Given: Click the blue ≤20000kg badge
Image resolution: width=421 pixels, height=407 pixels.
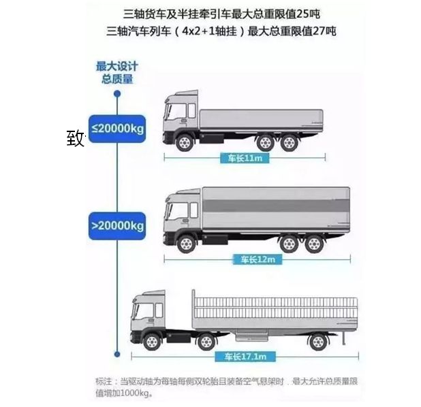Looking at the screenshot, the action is (118, 128).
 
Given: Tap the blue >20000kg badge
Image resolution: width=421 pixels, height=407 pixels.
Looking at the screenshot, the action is (118, 224).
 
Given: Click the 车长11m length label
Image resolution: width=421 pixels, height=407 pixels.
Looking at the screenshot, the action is (241, 159).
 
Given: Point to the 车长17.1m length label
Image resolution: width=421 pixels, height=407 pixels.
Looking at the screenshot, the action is (245, 356).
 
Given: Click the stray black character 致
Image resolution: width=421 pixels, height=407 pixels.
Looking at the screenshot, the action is (75, 138).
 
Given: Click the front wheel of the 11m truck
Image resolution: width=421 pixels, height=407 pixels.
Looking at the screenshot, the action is (185, 143).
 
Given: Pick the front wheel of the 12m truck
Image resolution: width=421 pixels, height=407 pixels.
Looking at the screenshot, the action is (186, 242).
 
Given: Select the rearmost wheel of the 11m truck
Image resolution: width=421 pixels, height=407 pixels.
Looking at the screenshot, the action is (289, 143).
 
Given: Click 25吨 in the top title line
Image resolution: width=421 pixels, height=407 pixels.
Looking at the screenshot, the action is (310, 12).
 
